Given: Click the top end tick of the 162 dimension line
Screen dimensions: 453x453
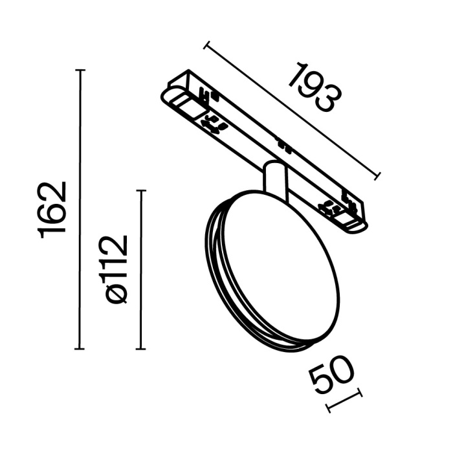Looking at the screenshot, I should tap(80, 70).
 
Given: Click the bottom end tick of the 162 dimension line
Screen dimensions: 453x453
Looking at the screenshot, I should tap(80, 348).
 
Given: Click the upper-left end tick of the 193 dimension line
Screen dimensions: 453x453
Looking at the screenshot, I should tap(206, 45).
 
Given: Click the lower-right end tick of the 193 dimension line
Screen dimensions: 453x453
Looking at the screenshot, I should tap(378, 176).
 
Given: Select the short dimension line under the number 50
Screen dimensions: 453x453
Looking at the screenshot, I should tap(344, 401).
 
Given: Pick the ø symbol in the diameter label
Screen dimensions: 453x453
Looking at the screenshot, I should tap(117, 294).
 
